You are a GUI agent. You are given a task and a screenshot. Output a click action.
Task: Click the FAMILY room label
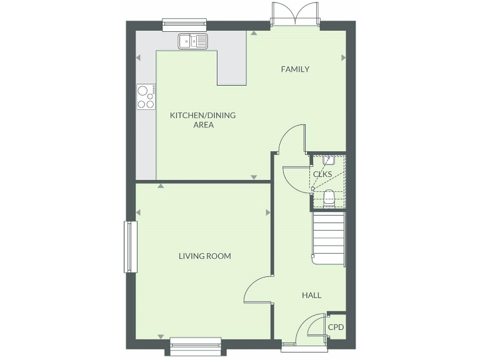(x=295, y=69)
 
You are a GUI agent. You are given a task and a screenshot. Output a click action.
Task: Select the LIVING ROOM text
(x=205, y=256)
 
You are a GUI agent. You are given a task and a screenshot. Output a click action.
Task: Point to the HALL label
(x=311, y=295)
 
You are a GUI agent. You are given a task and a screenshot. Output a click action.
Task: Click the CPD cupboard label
(x=336, y=327)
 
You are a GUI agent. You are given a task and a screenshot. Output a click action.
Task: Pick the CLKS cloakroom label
(x=322, y=174)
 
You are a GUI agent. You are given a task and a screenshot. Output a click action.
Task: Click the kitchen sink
(x=192, y=41)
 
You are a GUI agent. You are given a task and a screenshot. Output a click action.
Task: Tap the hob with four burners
(x=146, y=97)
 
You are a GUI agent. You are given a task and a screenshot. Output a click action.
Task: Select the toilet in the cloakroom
(x=329, y=197)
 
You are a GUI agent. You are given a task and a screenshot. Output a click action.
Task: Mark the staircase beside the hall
(x=329, y=239)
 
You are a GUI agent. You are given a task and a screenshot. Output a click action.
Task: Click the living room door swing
(x=257, y=291)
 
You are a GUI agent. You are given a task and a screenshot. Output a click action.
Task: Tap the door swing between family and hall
(x=291, y=139)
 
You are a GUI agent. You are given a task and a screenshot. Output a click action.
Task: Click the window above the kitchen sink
(x=184, y=24)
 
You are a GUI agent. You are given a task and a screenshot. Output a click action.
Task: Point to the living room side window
(x=131, y=247)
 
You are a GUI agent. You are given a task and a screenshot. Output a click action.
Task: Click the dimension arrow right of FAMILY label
(x=343, y=57)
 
